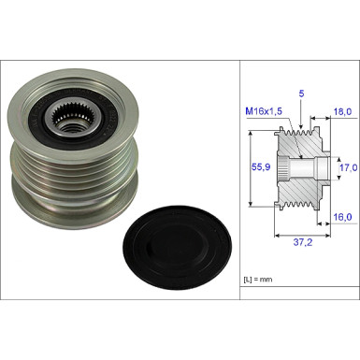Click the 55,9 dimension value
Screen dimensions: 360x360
[261, 166]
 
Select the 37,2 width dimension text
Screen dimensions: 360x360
[303, 242]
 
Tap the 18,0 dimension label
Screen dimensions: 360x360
[342, 111]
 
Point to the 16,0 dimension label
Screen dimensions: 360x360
[342, 217]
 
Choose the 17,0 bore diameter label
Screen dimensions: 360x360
[348, 168]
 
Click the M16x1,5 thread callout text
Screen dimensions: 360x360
[264, 111]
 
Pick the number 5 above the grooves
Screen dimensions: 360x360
[301, 94]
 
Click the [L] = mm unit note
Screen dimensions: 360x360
[258, 280]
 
